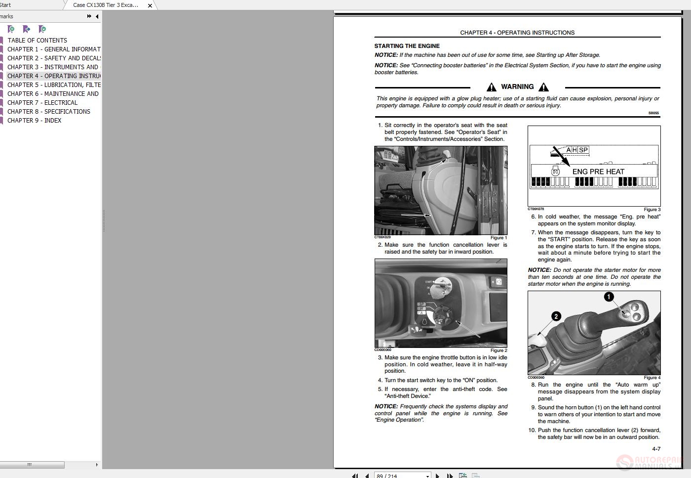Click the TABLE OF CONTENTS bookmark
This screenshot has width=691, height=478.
click(x=37, y=41)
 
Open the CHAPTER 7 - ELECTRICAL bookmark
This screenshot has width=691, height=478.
click(x=42, y=103)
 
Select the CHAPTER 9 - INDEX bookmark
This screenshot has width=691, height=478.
click(x=34, y=121)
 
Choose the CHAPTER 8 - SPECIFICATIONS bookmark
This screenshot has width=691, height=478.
click(x=48, y=112)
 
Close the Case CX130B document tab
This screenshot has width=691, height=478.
click(x=150, y=6)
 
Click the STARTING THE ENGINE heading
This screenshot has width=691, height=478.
click(x=407, y=46)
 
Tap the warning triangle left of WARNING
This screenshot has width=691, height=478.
click(x=492, y=87)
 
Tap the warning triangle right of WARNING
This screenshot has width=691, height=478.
click(x=543, y=87)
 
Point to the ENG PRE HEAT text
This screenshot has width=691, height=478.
click(x=598, y=172)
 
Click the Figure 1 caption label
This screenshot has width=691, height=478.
click(x=499, y=238)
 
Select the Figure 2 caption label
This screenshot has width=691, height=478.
click(x=499, y=350)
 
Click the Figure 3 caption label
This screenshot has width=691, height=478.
click(x=652, y=210)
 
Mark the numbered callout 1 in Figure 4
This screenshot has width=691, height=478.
click(x=609, y=297)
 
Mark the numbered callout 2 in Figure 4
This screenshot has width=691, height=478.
click(x=556, y=316)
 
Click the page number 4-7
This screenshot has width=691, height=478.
click(x=656, y=449)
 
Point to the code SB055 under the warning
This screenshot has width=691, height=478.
click(x=653, y=113)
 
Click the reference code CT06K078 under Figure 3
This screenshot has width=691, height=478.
click(x=536, y=209)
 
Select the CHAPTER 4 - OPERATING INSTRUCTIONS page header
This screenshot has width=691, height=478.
click(x=517, y=33)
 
